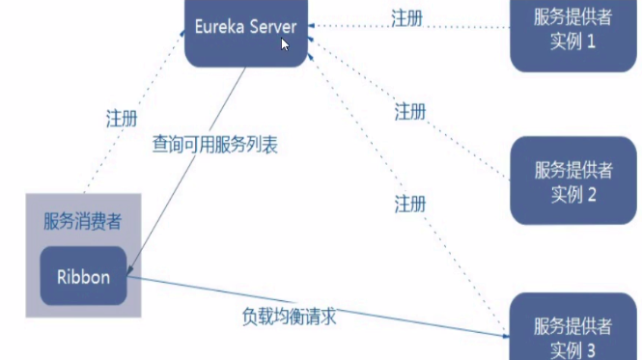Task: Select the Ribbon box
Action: (82, 277)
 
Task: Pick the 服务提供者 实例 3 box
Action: (573, 328)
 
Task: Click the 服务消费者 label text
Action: (82, 221)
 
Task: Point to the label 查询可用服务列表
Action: (215, 144)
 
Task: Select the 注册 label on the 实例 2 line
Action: (410, 112)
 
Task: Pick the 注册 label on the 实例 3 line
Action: (410, 204)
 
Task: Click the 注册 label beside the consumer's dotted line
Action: (121, 119)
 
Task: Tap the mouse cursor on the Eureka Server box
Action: (286, 43)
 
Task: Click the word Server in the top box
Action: (272, 27)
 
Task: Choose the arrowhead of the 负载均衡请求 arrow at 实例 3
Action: (504, 334)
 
